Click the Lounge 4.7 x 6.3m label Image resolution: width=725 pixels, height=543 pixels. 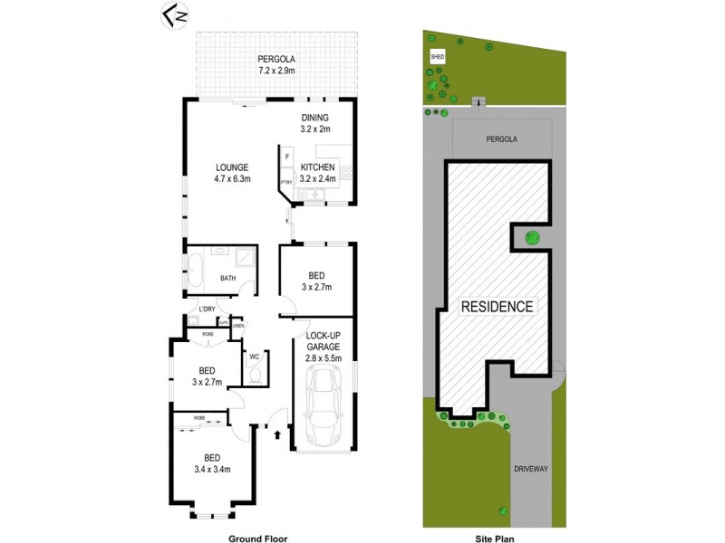tap(232, 173)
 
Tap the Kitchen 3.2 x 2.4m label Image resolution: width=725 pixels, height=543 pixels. tap(318, 173)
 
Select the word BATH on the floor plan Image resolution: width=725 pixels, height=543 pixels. tap(228, 278)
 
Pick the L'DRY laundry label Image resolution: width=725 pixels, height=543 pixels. tap(207, 310)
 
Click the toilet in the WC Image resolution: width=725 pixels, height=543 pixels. tap(255, 372)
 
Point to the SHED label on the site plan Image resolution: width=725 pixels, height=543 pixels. tap(438, 57)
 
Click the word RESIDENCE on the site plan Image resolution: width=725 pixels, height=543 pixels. tap(498, 306)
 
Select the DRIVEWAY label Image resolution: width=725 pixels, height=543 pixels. tap(530, 470)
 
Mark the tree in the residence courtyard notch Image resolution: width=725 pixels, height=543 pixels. tap(532, 238)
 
